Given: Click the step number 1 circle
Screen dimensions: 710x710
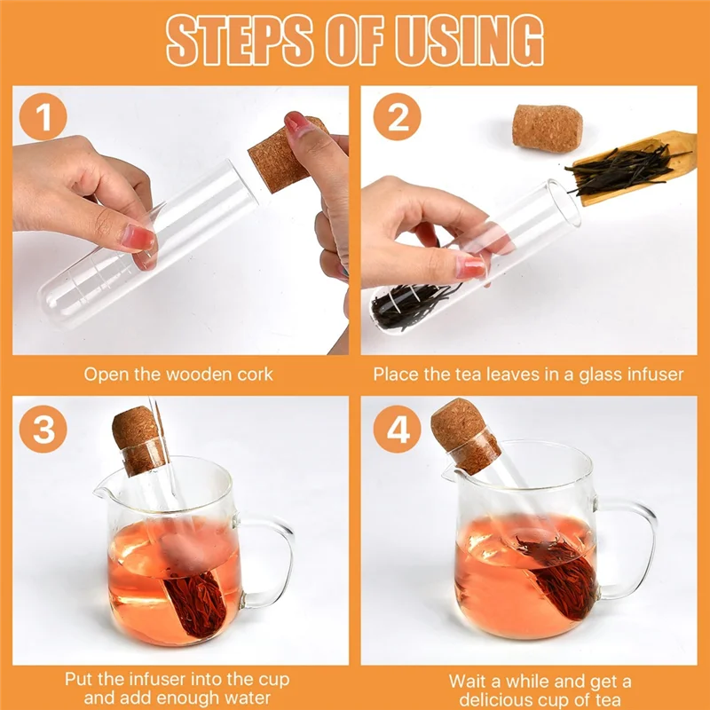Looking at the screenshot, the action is click(43, 116).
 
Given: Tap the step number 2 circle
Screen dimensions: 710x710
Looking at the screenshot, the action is click(397, 116).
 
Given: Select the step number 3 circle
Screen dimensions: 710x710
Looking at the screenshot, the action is click(43, 429).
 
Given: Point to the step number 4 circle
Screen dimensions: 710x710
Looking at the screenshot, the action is click(397, 429).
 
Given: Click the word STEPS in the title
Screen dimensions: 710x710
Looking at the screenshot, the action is click(240, 40).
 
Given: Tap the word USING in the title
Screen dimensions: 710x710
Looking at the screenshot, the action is click(469, 40).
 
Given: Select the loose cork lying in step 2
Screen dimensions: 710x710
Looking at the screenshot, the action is click(547, 127).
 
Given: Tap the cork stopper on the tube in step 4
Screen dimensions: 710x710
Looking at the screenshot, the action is click(465, 436).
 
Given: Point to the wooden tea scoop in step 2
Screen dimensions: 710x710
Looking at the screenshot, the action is click(634, 167).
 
